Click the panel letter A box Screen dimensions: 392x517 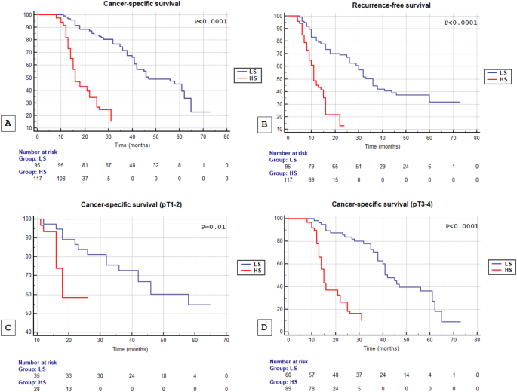(8, 123)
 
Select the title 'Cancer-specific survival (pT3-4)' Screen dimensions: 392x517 (392, 207)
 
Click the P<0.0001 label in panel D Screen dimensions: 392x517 (463, 225)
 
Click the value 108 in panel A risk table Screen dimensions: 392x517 (62, 178)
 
